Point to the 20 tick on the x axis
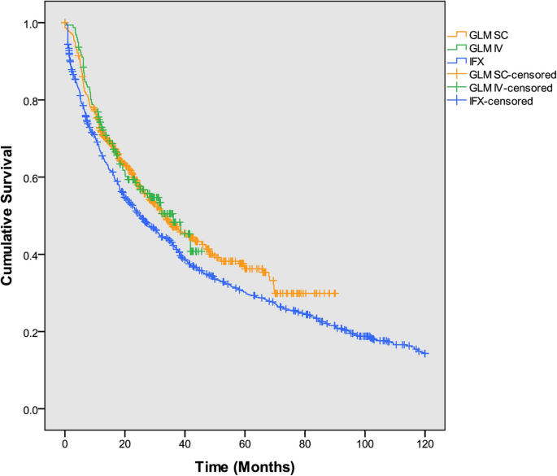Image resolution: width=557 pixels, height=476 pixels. point(124,443)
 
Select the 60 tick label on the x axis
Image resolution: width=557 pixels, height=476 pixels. point(245,443)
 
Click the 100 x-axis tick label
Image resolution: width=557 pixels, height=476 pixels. point(364,443)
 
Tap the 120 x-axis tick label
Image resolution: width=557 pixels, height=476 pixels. point(424,443)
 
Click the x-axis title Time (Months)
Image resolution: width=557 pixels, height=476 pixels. point(245,466)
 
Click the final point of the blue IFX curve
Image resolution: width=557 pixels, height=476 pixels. point(424,354)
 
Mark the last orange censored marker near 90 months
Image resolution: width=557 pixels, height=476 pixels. point(334,293)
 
